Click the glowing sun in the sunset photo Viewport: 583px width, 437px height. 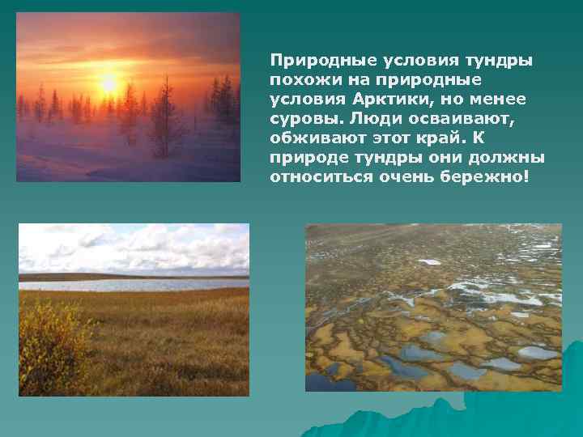108,83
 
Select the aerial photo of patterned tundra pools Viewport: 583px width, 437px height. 433,308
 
